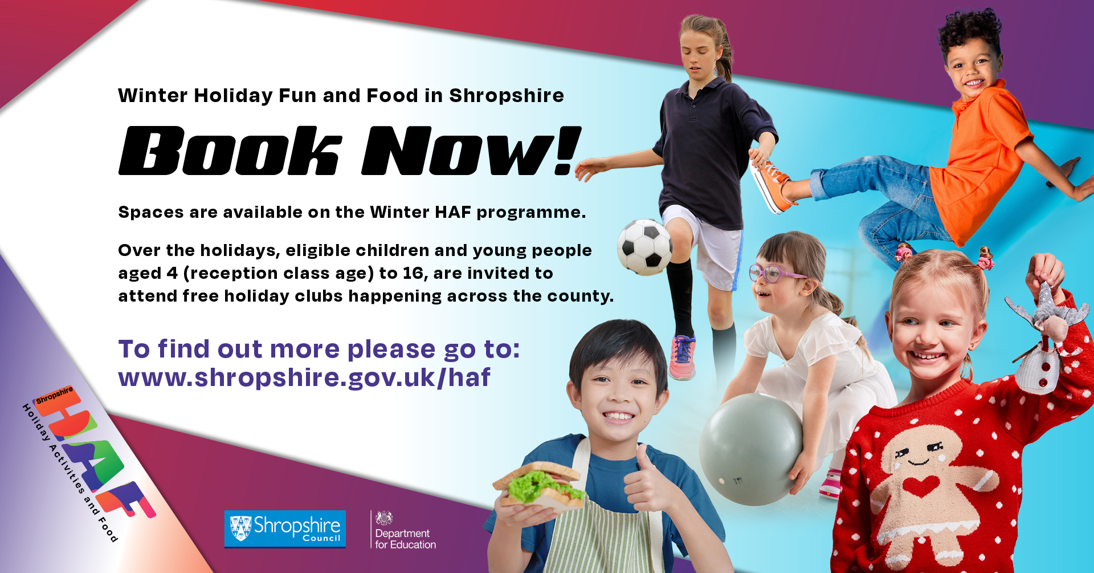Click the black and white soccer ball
coord(645,247)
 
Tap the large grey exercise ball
coord(751,449)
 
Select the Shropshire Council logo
coord(285,529)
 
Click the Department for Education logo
coord(404,530)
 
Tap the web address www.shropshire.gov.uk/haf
coord(304,377)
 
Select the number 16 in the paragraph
coord(415,274)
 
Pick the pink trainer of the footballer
coord(683,357)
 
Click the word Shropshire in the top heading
coord(507,95)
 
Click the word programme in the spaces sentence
coord(531,213)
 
